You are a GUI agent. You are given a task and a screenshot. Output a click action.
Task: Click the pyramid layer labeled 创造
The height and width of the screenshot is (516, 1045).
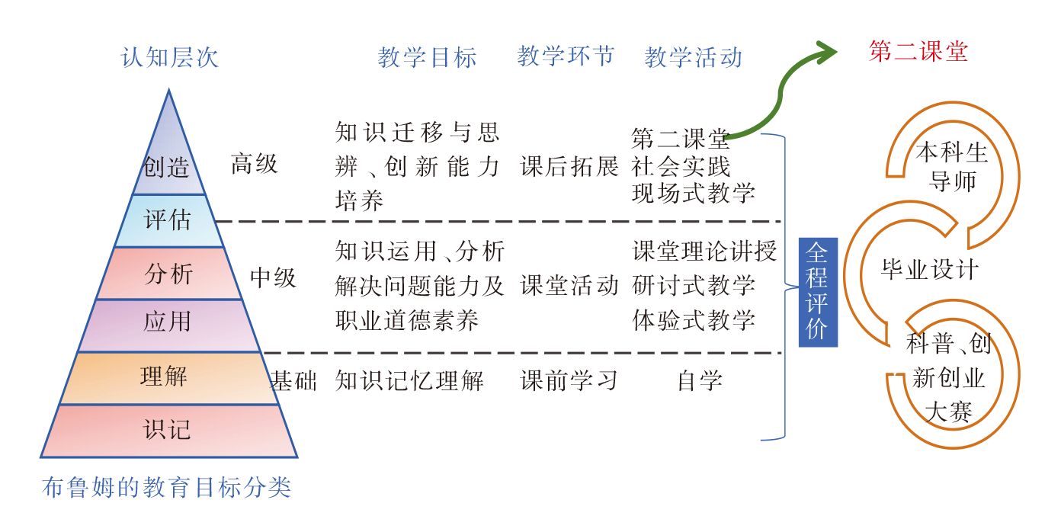[x=168, y=164]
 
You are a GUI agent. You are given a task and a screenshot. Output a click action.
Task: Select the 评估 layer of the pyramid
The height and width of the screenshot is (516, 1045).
[x=168, y=220]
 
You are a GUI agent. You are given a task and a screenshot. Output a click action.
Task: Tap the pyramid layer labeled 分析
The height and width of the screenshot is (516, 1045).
[x=168, y=273]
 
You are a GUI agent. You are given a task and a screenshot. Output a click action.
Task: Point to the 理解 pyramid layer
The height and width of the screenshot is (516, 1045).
[x=165, y=377]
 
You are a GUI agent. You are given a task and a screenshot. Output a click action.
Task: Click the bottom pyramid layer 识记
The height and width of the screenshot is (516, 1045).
[x=168, y=430]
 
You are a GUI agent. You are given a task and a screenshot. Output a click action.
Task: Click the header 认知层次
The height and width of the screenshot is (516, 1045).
[x=170, y=57]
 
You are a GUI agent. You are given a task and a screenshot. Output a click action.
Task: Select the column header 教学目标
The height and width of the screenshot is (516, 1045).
[x=427, y=57]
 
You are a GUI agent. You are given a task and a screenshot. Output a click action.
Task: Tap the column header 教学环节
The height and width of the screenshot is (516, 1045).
[x=566, y=56]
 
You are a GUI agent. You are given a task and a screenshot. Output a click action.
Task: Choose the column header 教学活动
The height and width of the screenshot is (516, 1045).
[x=693, y=57]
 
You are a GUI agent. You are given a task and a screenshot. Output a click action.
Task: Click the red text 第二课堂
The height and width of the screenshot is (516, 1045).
[x=918, y=51]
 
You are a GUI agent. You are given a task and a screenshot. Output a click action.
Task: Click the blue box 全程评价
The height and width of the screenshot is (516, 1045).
[x=818, y=292]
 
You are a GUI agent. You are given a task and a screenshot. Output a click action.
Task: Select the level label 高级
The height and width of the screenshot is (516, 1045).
[x=255, y=163]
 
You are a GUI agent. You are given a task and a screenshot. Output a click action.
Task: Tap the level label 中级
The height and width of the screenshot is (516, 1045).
[x=273, y=277]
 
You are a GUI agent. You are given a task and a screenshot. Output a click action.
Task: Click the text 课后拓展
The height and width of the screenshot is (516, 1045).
[x=569, y=165]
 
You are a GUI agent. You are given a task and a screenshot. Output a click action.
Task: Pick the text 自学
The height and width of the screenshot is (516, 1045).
[x=700, y=380]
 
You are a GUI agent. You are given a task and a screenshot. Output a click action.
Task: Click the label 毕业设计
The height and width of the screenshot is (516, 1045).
[x=930, y=270]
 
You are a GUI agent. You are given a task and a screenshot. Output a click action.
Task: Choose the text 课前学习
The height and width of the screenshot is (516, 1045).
[x=569, y=380]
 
